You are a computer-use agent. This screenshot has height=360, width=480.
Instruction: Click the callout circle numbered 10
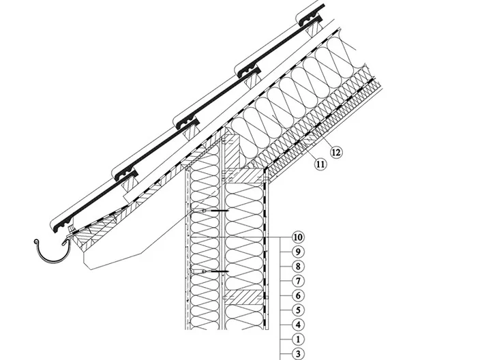pyautogui.click(x=297, y=237)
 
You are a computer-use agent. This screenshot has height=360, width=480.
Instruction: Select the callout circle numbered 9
pyautogui.click(x=297, y=252)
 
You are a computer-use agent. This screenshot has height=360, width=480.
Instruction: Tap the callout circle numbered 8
pyautogui.click(x=297, y=267)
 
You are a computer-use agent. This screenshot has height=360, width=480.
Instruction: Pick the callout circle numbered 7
pyautogui.click(x=297, y=281)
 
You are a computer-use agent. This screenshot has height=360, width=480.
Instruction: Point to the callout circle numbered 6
pyautogui.click(x=297, y=295)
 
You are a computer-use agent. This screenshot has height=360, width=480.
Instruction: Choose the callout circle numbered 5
pyautogui.click(x=297, y=310)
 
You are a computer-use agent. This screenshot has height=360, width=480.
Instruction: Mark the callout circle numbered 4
pyautogui.click(x=297, y=325)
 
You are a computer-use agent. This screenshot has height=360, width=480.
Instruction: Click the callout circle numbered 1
pyautogui.click(x=297, y=339)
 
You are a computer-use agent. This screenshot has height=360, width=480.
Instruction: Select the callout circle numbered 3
pyautogui.click(x=297, y=354)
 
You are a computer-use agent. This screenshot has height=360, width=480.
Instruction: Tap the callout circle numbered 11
pyautogui.click(x=320, y=164)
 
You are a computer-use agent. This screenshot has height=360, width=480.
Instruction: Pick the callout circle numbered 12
pyautogui.click(x=336, y=152)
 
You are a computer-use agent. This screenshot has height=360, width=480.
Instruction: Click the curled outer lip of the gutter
pyautogui.click(x=36, y=242)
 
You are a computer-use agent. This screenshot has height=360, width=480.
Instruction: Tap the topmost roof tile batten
pyautogui.click(x=314, y=29)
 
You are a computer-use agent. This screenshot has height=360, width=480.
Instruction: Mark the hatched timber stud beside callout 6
pyautogui.click(x=243, y=297)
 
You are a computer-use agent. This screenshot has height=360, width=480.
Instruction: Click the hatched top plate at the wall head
pyautogui.click(x=244, y=175)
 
